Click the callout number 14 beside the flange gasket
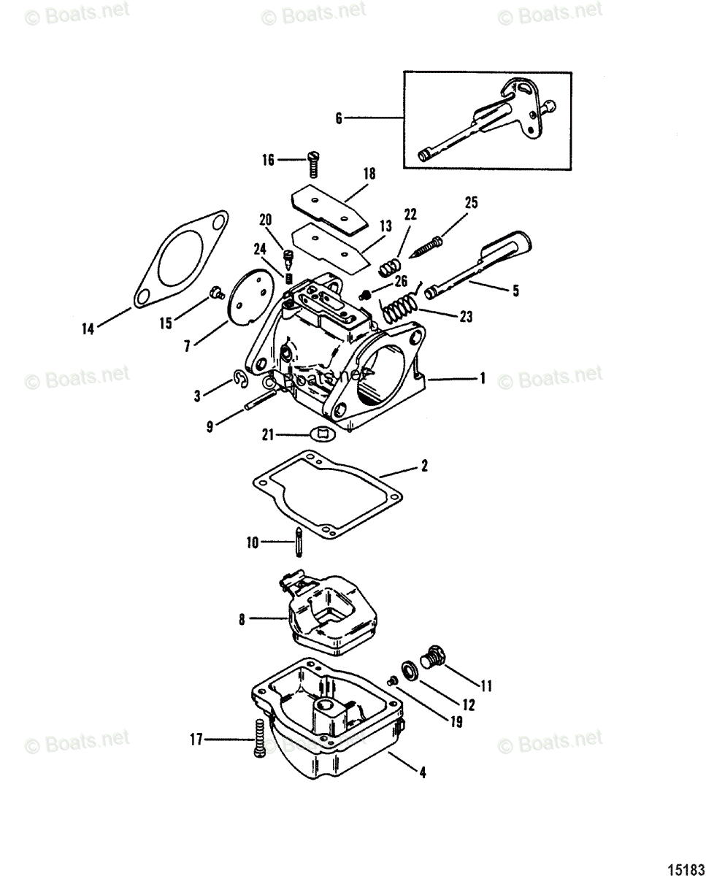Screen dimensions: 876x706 pyautogui.click(x=88, y=330)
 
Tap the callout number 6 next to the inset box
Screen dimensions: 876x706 pyautogui.click(x=339, y=118)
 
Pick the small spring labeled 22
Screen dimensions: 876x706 pyautogui.click(x=390, y=266)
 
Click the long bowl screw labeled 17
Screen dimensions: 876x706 pyautogui.click(x=258, y=739)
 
